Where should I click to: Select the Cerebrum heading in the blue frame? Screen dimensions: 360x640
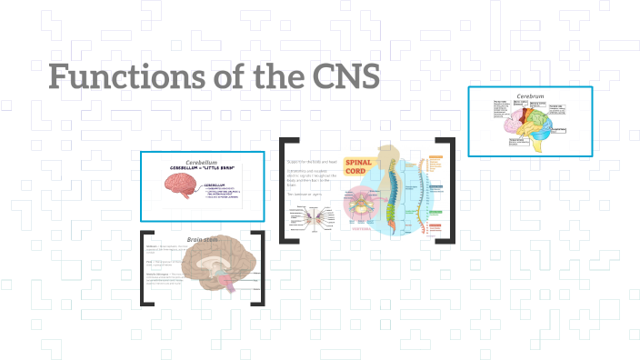click(x=529, y=95)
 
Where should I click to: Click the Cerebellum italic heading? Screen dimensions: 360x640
click(x=202, y=162)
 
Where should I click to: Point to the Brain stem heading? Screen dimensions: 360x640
click(x=203, y=239)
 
